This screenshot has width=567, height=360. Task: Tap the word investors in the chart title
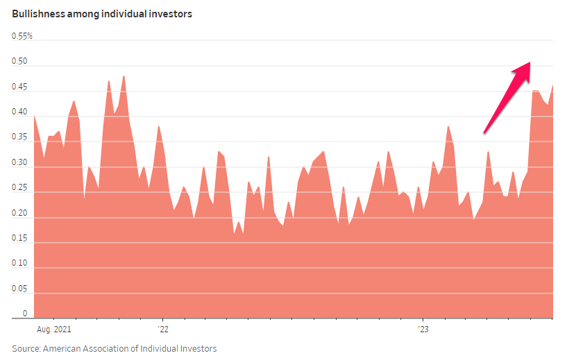(x=171, y=14)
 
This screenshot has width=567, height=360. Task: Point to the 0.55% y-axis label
(x=22, y=36)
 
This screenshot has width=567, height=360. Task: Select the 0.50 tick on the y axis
(x=19, y=62)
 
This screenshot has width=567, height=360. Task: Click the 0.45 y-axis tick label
(x=19, y=87)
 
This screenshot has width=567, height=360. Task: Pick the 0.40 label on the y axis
(x=19, y=112)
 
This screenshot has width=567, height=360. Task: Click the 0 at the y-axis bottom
(x=24, y=314)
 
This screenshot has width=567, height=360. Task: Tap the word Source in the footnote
(x=25, y=348)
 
